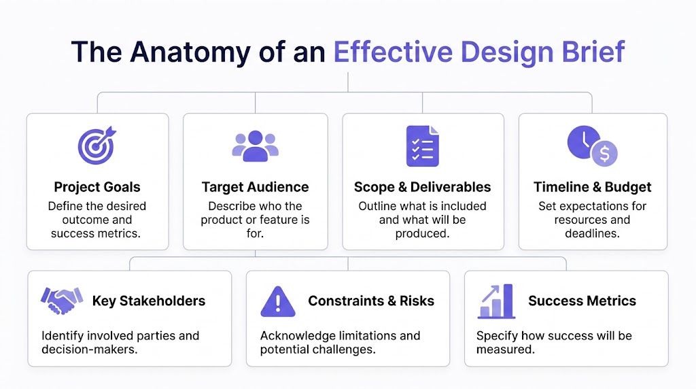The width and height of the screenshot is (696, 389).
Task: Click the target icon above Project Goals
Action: [97, 145]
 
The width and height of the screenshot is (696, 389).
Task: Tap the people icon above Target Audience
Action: [256, 145]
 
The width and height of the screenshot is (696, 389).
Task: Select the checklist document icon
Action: [422, 146]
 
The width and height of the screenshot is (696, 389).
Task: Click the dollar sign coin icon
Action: [604, 154]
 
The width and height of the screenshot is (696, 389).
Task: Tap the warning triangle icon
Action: [278, 301]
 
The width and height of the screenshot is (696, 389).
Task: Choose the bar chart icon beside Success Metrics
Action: [496, 301]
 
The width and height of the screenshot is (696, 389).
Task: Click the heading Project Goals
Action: [97, 187]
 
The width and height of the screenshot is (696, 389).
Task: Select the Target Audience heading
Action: [255, 187]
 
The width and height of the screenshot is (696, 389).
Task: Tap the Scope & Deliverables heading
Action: [422, 187]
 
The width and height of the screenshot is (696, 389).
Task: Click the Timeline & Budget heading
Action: [592, 187]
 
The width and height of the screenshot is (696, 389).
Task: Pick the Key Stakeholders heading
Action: [148, 301]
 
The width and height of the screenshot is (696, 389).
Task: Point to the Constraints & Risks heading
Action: [370, 301]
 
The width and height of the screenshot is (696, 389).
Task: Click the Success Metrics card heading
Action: [582, 301]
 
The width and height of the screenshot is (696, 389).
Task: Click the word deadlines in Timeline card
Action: [592, 234]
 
